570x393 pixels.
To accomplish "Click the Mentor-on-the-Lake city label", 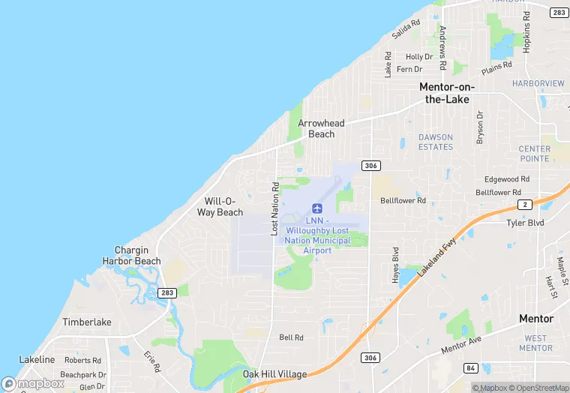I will (446, 93).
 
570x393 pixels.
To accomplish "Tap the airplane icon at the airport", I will (316, 208).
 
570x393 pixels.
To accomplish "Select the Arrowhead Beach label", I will (322, 128).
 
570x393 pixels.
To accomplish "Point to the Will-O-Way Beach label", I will (220, 207).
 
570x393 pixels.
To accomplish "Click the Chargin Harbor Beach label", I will (131, 256).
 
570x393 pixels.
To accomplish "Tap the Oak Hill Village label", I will (275, 374).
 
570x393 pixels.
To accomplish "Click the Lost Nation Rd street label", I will (274, 211).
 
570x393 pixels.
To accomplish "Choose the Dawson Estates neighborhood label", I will (436, 142).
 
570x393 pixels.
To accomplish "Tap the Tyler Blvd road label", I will (525, 223).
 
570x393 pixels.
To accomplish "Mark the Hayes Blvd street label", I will (395, 265).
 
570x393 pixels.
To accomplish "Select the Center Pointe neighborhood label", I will (534, 154).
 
